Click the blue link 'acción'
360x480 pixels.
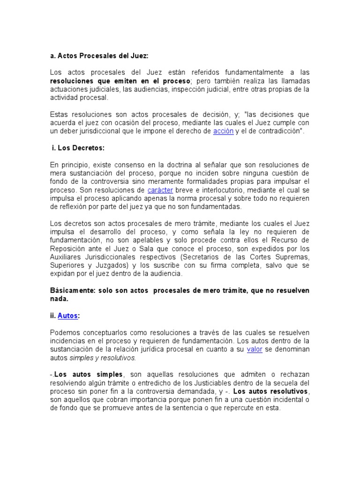223,131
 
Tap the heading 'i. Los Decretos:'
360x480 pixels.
78,148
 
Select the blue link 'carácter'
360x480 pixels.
160,190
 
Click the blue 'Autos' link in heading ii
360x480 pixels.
68,316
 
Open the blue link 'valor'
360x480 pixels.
255,350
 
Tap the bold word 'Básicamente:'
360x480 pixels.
73,291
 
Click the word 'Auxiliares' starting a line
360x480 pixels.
67,257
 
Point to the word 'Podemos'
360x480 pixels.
65,332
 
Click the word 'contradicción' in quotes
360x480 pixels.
278,131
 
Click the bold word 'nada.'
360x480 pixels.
59,299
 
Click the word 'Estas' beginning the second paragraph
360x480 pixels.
59,114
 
